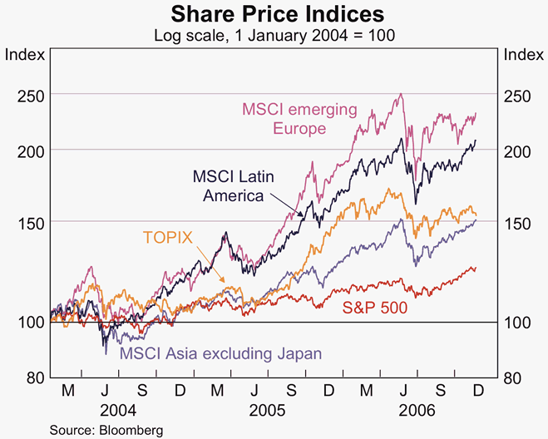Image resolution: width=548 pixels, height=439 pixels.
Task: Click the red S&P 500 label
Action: pos(375,307)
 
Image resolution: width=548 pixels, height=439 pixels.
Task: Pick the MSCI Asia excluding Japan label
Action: pos(221,353)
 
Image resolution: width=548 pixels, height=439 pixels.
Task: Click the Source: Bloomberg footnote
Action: pos(94,429)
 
